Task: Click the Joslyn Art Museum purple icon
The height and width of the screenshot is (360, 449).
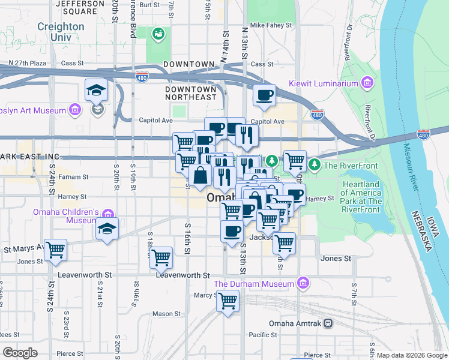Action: (x=75, y=110)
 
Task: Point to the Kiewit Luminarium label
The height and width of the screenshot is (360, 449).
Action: (x=324, y=83)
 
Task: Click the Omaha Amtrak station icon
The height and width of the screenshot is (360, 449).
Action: (x=328, y=323)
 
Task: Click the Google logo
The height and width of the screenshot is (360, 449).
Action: (x=20, y=352)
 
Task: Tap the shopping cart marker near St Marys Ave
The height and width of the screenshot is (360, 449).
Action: (x=55, y=249)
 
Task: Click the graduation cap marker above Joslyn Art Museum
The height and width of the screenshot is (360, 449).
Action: (x=97, y=90)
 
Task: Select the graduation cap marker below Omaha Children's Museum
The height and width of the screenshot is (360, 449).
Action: (x=107, y=229)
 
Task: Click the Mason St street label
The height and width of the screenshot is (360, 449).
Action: (x=166, y=313)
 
